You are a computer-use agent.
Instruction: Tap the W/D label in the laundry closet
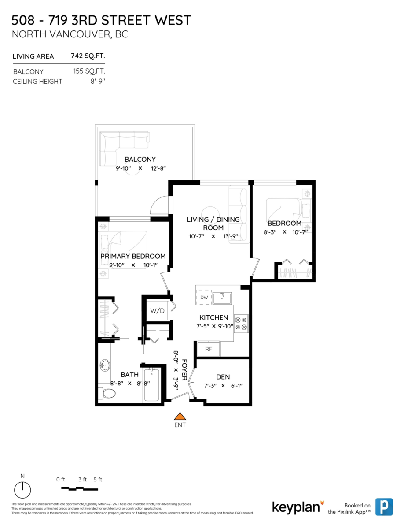click(x=157, y=311)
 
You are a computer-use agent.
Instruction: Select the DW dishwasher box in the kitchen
click(x=204, y=297)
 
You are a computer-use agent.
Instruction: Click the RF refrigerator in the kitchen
click(x=209, y=349)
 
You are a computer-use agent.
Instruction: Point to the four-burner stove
click(x=241, y=324)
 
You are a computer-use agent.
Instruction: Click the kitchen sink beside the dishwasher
click(x=222, y=298)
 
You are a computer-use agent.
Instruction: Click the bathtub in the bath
click(x=151, y=385)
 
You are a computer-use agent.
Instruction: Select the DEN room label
click(x=223, y=377)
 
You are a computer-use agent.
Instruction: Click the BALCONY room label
click(x=140, y=160)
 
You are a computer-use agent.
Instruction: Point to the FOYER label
click(x=184, y=370)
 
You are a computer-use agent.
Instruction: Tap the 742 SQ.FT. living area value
click(x=88, y=56)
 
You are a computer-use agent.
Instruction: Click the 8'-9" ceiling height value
click(x=98, y=81)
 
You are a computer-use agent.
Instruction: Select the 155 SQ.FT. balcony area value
click(x=89, y=71)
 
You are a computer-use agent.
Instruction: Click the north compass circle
click(x=22, y=490)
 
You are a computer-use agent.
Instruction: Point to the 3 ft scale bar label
click(x=82, y=480)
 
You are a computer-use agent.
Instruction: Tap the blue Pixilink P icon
click(x=384, y=507)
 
